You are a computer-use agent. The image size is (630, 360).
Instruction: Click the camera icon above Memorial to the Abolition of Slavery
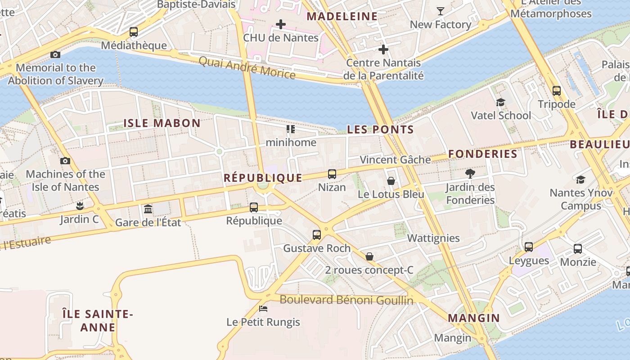pos(55,54)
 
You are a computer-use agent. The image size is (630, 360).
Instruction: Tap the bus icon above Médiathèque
pos(134,32)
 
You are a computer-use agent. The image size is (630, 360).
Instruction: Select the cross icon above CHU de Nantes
pos(281,24)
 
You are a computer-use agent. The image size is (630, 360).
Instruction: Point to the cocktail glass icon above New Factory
pos(440,11)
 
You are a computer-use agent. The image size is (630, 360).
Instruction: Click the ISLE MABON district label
pos(162,123)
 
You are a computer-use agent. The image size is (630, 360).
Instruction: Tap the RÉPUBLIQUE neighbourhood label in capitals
pos(263,178)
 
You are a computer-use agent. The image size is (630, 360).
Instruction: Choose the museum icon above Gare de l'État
pos(148,209)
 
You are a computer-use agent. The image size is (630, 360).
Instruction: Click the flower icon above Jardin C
pos(80,206)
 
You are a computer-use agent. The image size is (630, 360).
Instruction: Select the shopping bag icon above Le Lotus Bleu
pos(391,181)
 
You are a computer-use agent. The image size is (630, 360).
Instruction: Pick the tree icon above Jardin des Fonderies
pos(470,173)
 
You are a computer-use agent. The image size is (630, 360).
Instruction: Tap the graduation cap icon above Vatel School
pos(500,102)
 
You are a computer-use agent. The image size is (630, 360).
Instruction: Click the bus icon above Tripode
pos(557,91)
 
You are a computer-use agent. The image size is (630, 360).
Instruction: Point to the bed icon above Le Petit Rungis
pos(263,309)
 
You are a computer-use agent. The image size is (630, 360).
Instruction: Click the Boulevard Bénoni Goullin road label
pos(346,300)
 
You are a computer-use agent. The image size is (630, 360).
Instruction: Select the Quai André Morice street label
pos(247,67)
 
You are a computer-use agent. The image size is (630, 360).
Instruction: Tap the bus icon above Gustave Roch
pos(317,235)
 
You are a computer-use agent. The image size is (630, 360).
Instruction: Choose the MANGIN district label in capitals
pos(474,318)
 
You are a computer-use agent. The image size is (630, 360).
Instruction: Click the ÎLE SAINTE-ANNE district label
pos(98,320)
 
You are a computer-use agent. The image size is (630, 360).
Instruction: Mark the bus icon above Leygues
pos(529,247)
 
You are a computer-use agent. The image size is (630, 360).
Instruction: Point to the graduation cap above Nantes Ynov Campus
pos(580,180)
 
